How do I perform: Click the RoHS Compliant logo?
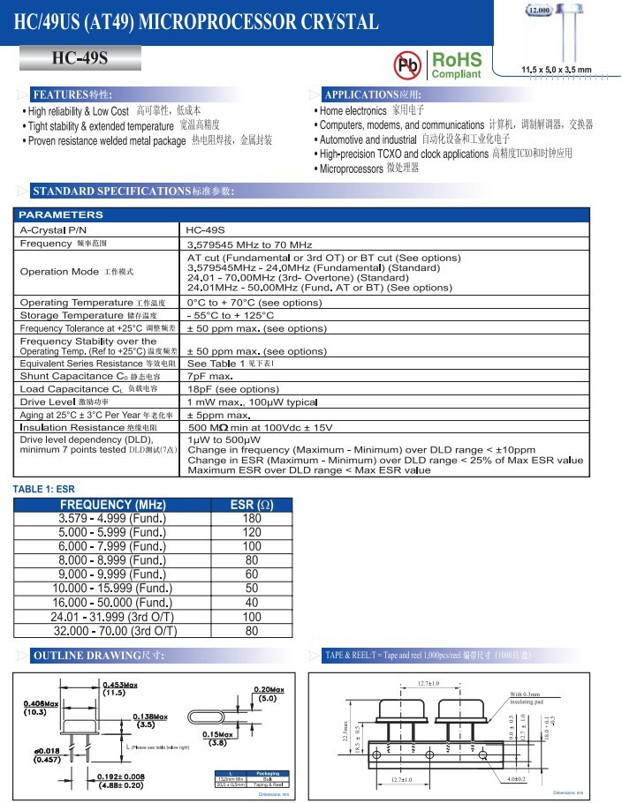pos(456,65)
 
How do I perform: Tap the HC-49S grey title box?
pos(80,58)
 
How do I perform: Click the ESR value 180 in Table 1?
pos(252,519)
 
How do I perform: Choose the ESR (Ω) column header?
pos(252,505)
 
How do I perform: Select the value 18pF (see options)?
pos(233,388)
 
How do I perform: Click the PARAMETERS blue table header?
pos(62,214)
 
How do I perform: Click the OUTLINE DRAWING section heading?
pos(97,656)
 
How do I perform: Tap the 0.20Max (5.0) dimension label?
pos(269,694)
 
